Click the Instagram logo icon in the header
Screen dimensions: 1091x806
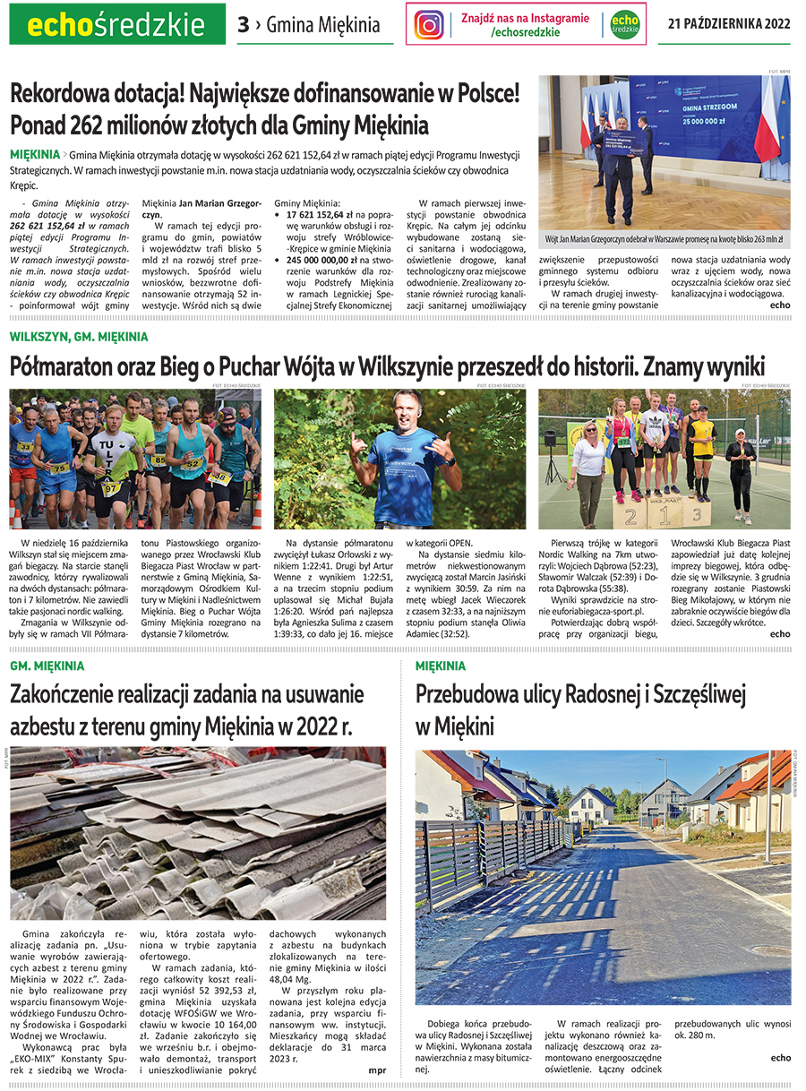pos(430,24)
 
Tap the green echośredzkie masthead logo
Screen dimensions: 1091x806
pos(117,25)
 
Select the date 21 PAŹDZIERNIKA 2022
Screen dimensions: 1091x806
pos(729,24)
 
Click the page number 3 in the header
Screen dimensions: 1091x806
pos(244,25)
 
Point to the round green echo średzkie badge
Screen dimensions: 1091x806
pos(625,24)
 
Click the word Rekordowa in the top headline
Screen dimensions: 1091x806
pos(71,94)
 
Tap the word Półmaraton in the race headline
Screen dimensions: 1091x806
pos(66,366)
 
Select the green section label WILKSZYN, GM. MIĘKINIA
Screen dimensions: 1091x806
pos(79,337)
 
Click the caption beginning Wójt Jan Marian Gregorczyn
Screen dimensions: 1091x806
pos(664,240)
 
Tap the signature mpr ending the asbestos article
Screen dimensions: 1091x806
pos(377,1070)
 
